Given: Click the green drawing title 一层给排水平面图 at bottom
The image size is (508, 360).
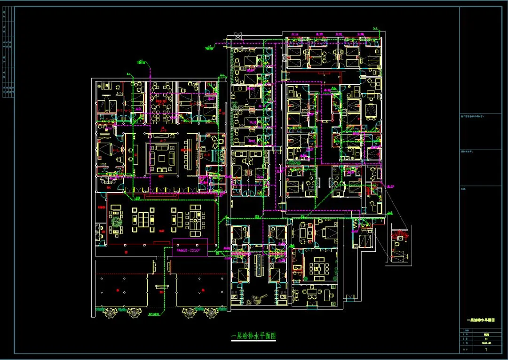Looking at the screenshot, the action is (x=254, y=336).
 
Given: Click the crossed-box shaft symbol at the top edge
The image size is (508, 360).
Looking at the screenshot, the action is (x=238, y=36).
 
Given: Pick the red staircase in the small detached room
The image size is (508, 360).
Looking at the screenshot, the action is (x=400, y=234).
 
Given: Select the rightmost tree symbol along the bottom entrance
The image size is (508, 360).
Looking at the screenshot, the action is (x=210, y=312).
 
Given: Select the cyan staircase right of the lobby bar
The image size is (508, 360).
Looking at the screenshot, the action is (x=216, y=156).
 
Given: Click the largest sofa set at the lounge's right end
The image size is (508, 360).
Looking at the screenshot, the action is (x=197, y=219).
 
